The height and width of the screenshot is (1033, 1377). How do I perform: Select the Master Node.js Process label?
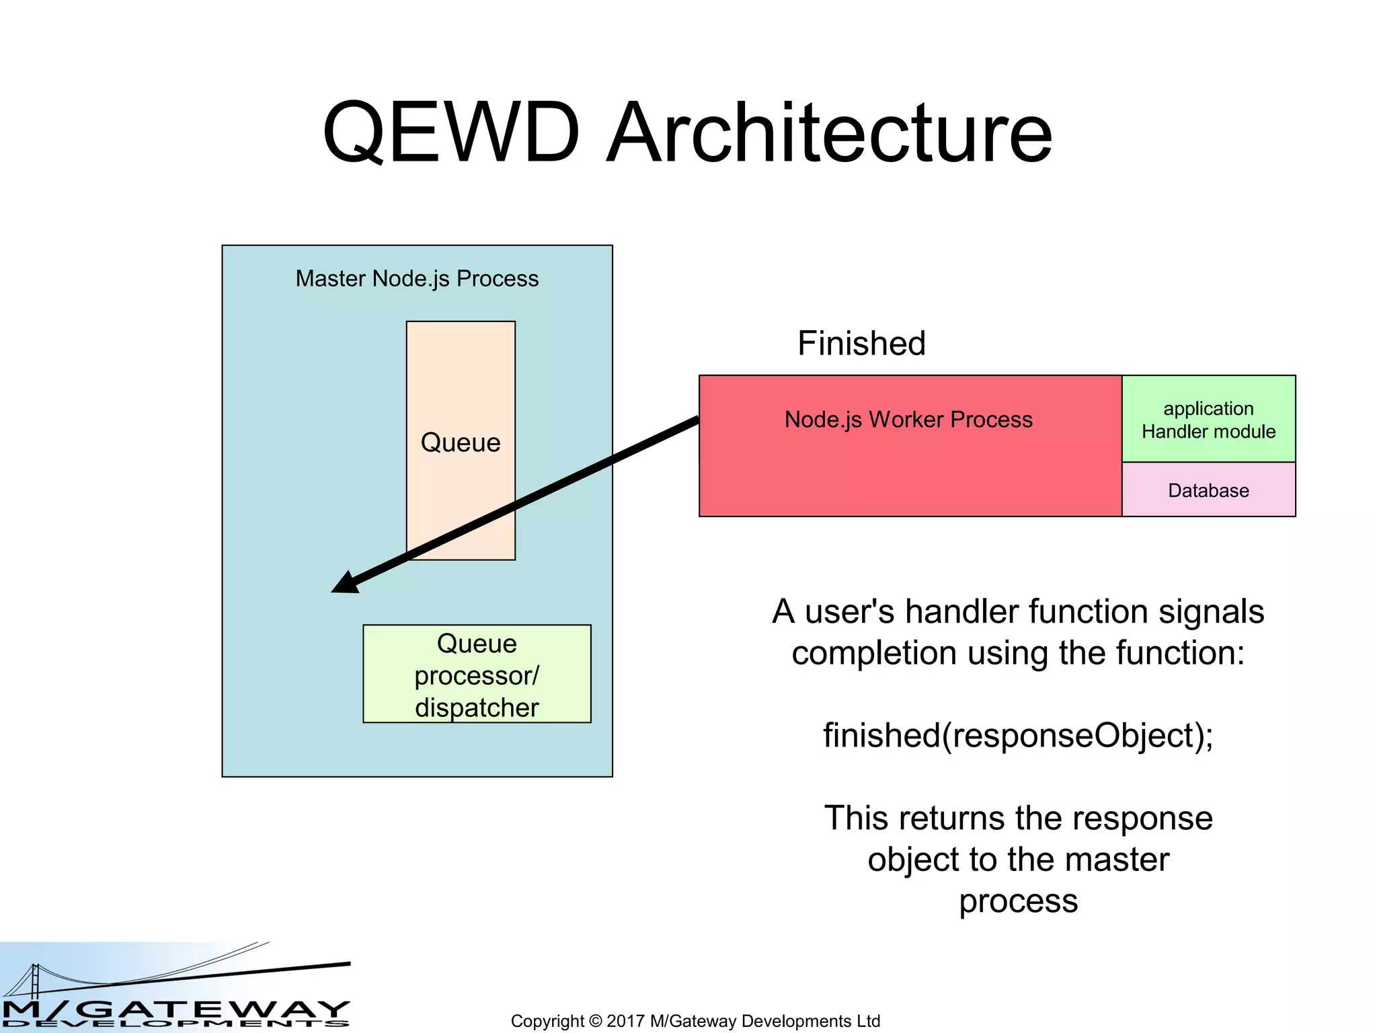point(417,278)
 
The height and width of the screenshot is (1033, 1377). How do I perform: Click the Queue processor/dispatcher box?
point(477,674)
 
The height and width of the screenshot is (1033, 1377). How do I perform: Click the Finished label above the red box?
point(861,343)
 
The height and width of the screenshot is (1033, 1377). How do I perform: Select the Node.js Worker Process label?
point(908,420)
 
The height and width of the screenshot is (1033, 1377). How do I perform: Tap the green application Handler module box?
point(1208,419)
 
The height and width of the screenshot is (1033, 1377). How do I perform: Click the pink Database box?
point(1208,490)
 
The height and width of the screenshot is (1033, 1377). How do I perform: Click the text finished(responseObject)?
point(1018,735)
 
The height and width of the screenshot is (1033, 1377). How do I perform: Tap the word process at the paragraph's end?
point(1018,901)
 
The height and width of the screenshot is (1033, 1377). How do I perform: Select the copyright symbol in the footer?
point(595,1021)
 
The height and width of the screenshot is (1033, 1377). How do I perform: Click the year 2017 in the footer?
point(625,1021)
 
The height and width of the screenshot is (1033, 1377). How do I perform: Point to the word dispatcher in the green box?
point(477,708)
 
